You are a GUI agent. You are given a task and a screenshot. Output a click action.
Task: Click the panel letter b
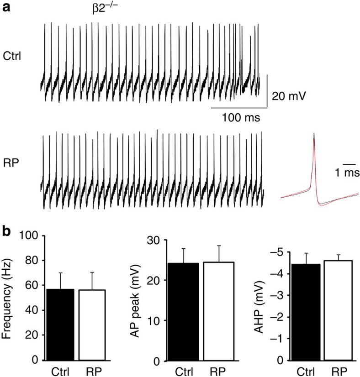click(x=7, y=231)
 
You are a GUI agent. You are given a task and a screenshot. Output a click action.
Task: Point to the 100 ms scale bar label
click(x=241, y=118)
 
